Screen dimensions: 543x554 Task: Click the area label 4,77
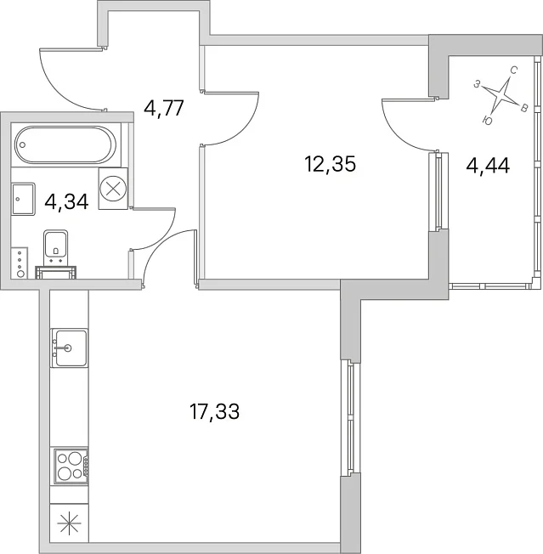point(164,108)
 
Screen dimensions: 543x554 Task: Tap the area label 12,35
point(330,164)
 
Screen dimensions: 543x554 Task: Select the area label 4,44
point(488,165)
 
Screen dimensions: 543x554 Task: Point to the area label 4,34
point(67,201)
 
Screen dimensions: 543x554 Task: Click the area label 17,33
point(215,411)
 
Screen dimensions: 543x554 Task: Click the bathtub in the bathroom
point(65,144)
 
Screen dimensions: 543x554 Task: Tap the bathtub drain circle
point(23,144)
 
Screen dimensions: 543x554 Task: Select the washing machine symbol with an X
point(113,189)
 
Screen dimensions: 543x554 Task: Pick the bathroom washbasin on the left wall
point(23,199)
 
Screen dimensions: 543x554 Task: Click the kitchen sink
point(69,348)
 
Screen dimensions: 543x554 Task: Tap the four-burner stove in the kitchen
point(71,466)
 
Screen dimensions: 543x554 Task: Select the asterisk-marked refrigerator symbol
point(69,523)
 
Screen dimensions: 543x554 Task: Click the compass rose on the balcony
point(499,94)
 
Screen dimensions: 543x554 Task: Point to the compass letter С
point(513,71)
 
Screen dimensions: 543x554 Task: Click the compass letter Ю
point(487,121)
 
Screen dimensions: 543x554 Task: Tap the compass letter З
point(477,84)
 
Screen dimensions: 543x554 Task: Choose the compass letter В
point(524,108)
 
